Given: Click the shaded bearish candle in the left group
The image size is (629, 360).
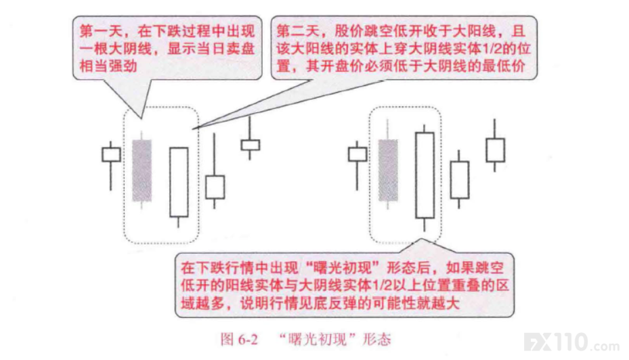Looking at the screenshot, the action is (x=142, y=170).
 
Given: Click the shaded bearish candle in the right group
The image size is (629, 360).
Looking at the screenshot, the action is (x=388, y=170).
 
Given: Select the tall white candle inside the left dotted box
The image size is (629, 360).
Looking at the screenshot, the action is (x=179, y=183).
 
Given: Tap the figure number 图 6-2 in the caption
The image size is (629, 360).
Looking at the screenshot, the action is (x=239, y=340).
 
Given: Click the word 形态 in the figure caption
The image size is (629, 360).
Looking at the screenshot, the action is (x=376, y=340).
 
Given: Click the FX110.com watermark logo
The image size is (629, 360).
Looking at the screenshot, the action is (x=571, y=343).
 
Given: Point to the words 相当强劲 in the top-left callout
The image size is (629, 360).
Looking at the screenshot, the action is (x=108, y=66).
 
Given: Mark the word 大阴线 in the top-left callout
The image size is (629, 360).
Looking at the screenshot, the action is (x=116, y=49).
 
